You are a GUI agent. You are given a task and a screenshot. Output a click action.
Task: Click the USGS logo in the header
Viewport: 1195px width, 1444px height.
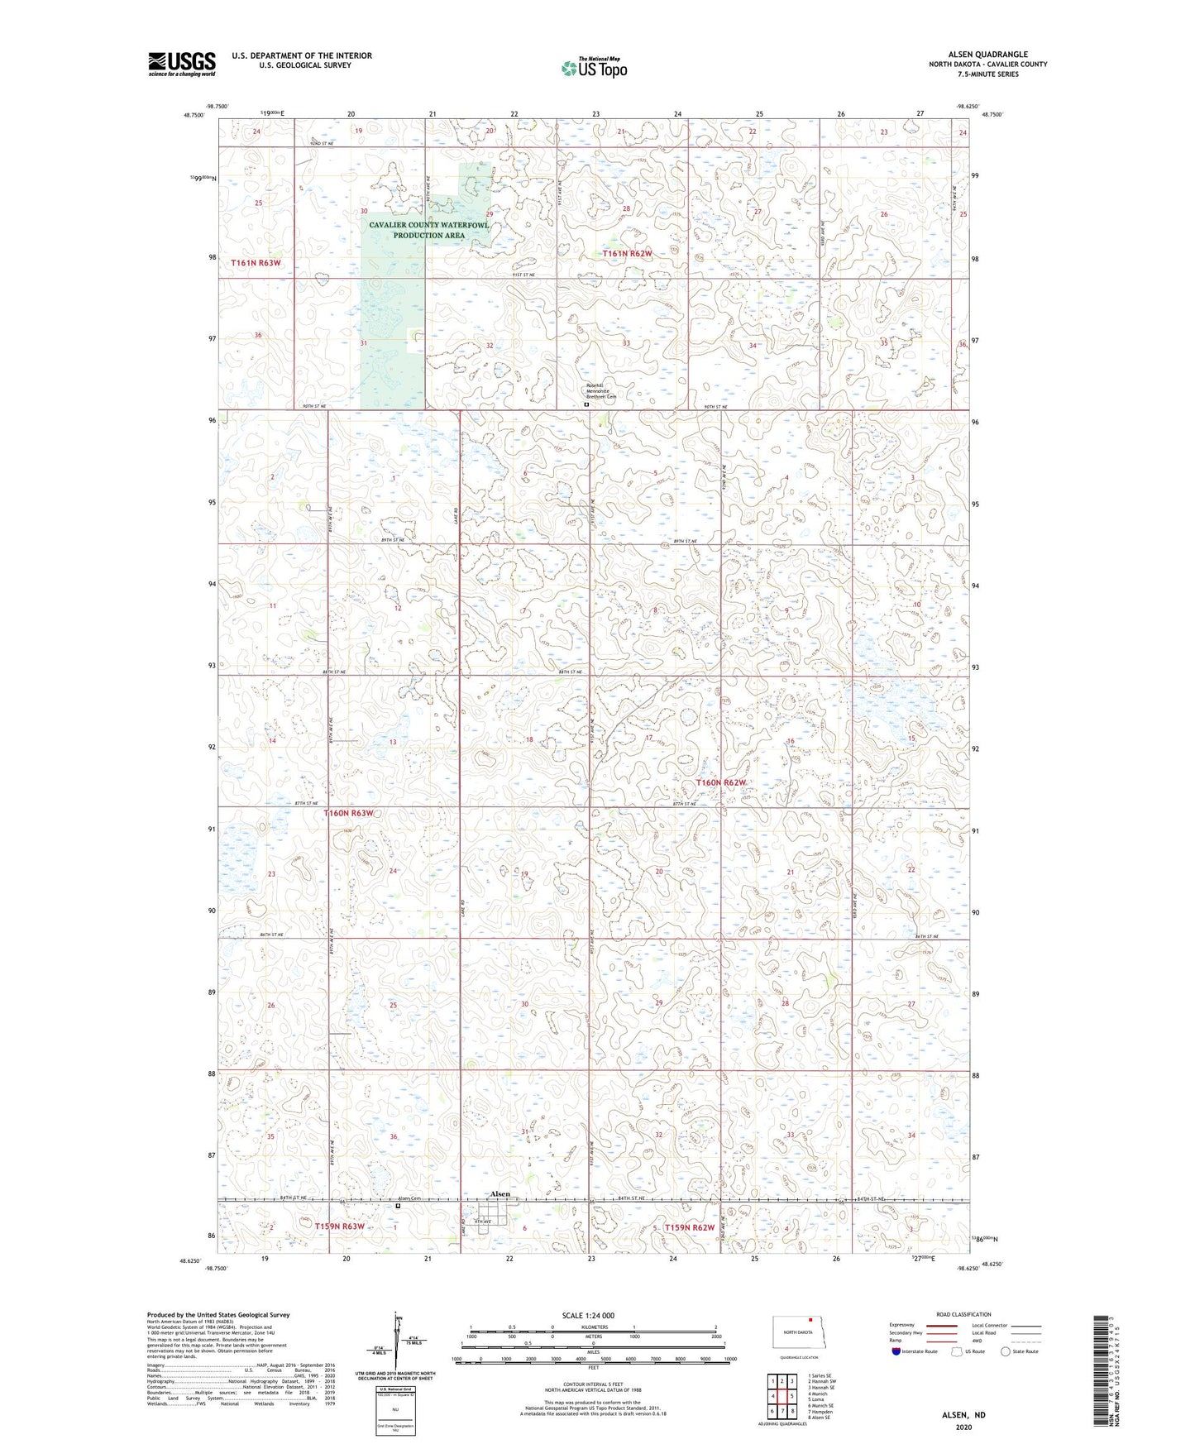tap(182, 64)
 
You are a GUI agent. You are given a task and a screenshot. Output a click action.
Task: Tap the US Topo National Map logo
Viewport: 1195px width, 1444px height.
tap(594, 68)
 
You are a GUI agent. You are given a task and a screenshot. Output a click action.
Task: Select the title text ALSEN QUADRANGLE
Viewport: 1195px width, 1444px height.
tap(987, 55)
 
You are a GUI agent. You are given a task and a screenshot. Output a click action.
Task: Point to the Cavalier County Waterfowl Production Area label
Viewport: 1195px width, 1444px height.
tap(428, 230)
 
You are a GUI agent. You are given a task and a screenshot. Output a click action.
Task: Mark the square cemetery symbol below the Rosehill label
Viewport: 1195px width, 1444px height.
tap(586, 405)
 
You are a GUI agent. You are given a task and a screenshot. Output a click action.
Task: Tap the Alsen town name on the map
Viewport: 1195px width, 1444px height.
tap(500, 1194)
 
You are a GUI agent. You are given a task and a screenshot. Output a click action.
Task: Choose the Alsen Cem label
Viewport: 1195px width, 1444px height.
tap(409, 1198)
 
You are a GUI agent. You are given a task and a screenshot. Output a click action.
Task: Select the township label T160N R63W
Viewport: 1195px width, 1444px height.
tap(354, 813)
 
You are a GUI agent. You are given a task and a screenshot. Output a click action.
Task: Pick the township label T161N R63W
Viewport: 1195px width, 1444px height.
tap(256, 262)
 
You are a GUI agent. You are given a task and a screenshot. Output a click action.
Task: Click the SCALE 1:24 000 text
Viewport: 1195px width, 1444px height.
tap(588, 1315)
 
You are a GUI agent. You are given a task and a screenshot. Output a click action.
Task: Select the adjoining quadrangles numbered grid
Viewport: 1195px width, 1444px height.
tap(782, 1397)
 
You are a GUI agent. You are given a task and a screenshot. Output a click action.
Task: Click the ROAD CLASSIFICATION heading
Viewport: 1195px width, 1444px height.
tap(963, 1314)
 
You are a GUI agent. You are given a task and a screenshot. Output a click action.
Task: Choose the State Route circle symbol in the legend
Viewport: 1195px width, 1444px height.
tap(1006, 1351)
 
